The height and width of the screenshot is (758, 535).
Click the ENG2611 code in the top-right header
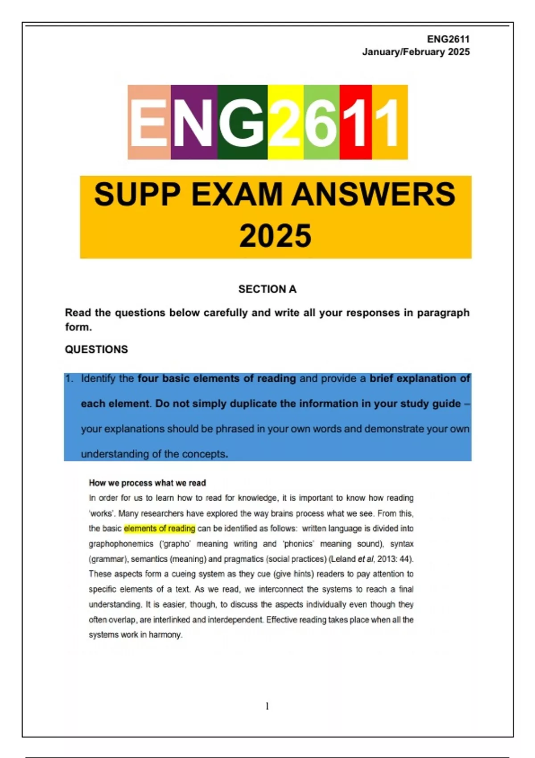(448, 39)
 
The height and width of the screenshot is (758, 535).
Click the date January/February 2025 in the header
(416, 52)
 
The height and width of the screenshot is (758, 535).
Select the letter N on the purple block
(193, 122)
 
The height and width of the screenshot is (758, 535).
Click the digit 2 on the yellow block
(285, 122)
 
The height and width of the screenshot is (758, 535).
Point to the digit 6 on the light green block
(321, 122)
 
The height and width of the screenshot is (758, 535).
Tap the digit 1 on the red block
(356, 122)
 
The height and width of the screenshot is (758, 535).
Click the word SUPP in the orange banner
(137, 195)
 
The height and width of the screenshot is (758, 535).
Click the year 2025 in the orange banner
(275, 236)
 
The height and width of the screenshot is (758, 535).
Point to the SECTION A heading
(267, 289)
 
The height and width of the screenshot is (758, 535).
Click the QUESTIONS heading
(96, 350)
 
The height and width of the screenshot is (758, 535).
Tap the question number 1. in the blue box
(69, 379)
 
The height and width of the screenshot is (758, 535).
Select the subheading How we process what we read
(147, 483)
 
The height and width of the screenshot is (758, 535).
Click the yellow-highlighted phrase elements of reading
(159, 528)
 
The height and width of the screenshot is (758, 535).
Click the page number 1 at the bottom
(267, 706)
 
